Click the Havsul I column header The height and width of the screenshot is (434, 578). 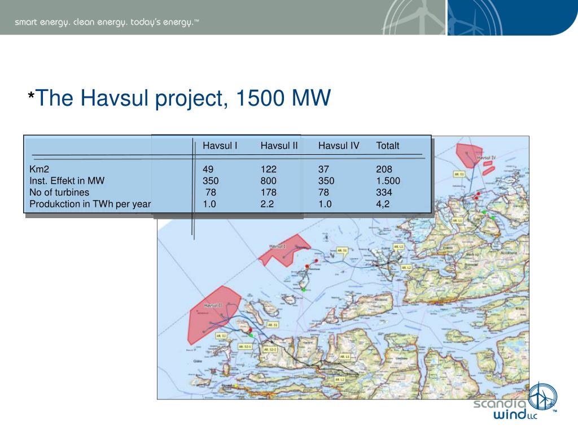(220, 146)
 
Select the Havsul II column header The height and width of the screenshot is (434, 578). (279, 146)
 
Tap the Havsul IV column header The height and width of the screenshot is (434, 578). (339, 146)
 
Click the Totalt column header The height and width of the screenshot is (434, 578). (388, 146)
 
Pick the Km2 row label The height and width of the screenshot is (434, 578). (40, 169)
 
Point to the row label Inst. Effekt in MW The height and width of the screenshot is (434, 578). (67, 181)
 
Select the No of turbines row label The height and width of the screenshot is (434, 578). (59, 193)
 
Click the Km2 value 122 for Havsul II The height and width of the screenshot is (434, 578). (269, 169)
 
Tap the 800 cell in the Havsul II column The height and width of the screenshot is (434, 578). (269, 181)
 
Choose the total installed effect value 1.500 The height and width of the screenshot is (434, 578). (388, 181)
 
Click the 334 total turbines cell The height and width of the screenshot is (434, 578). (384, 193)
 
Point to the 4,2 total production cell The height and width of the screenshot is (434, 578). (383, 205)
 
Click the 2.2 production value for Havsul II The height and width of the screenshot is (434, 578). (267, 205)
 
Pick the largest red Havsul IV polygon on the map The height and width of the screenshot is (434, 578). (468, 153)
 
